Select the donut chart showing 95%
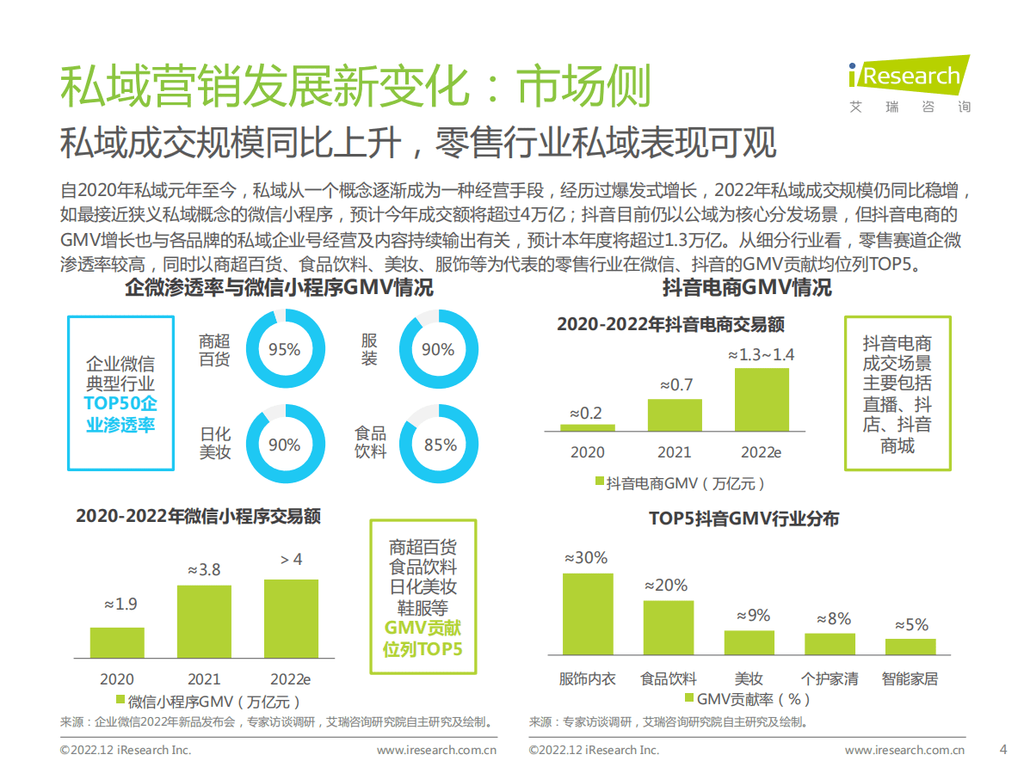click(x=284, y=350)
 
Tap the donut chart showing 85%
click(x=440, y=445)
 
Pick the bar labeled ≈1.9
click(x=117, y=642)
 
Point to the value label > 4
click(x=291, y=560)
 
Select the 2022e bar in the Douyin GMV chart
click(x=762, y=399)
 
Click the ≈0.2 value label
click(x=586, y=414)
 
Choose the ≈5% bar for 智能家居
click(x=910, y=647)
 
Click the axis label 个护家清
click(x=830, y=678)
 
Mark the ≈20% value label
click(x=667, y=586)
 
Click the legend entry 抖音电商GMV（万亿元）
click(x=680, y=483)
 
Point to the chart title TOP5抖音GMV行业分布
click(x=743, y=518)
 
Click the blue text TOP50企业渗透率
click(x=120, y=414)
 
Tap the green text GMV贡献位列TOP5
click(x=423, y=638)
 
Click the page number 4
click(x=1002, y=749)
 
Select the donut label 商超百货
click(x=214, y=350)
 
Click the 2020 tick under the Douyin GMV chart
click(x=587, y=452)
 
